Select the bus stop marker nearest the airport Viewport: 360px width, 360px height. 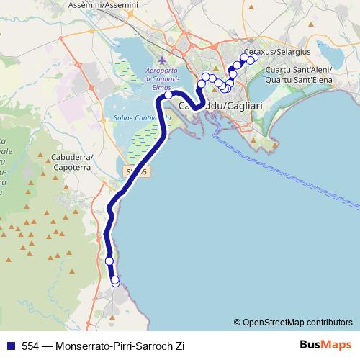[x=168, y=94]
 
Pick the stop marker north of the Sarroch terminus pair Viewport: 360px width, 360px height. [x=109, y=261]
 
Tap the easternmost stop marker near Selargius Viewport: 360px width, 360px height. [x=253, y=58]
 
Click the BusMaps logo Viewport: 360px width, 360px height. [x=325, y=345]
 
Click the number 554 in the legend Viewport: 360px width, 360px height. [x=29, y=346]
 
